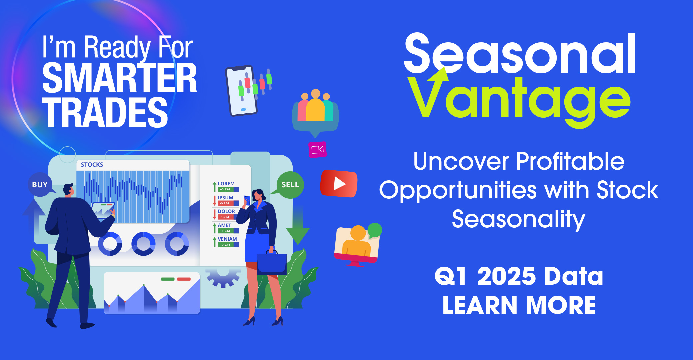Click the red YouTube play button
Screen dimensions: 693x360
[x=339, y=183]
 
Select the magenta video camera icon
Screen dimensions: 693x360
[x=317, y=150]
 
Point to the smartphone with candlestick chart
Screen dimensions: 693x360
[x=241, y=91]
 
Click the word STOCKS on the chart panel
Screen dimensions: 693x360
[x=92, y=165]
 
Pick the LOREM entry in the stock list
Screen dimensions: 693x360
[x=226, y=186]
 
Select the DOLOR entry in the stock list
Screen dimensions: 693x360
[x=226, y=214]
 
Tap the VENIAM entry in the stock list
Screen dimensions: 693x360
[x=226, y=242]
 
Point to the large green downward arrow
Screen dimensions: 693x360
[x=298, y=230]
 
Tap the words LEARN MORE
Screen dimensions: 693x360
[x=519, y=305]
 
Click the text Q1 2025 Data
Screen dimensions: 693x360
[x=519, y=276]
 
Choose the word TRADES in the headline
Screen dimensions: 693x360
[x=105, y=112]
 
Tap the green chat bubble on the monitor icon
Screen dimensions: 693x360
[x=375, y=230]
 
